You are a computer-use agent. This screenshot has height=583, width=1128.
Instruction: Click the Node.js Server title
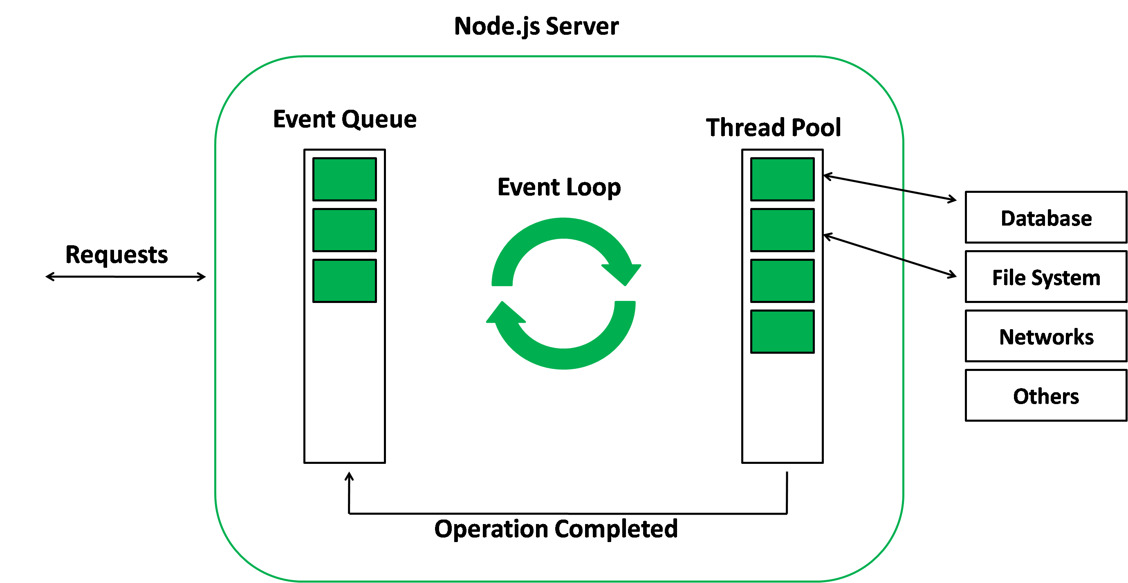click(x=536, y=26)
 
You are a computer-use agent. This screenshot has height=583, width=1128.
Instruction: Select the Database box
click(x=1046, y=217)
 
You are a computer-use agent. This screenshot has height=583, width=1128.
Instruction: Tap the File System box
click(x=1046, y=277)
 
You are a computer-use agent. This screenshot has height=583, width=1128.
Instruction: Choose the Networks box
click(x=1046, y=336)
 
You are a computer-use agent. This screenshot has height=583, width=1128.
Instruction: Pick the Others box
click(x=1046, y=395)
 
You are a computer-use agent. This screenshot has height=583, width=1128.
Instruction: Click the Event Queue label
click(x=345, y=119)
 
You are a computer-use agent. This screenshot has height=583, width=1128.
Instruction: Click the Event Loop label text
click(x=559, y=187)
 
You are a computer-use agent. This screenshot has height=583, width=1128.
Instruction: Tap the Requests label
click(x=117, y=255)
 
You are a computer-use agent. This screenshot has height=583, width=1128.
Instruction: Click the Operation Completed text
click(x=556, y=529)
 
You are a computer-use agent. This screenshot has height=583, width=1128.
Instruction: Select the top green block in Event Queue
click(x=345, y=179)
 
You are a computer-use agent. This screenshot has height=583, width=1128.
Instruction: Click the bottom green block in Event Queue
click(x=345, y=280)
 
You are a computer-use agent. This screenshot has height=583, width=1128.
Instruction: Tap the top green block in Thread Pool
click(x=782, y=179)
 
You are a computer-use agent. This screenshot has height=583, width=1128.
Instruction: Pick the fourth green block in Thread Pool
click(x=782, y=331)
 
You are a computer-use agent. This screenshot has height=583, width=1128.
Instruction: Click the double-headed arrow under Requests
click(x=126, y=277)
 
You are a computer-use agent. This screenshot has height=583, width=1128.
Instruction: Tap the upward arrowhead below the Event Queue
click(x=349, y=477)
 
